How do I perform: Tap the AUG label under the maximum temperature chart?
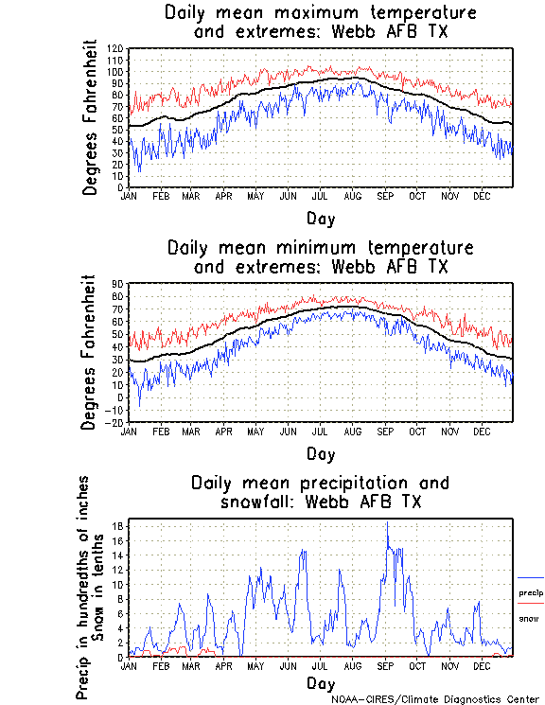352,196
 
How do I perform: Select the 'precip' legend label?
530,593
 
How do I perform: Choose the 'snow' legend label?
527,618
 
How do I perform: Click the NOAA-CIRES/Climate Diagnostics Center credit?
435,699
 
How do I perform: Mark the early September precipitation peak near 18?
387,522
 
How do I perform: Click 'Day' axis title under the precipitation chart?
320,682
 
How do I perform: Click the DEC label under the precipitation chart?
482,665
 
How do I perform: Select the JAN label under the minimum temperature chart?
130,431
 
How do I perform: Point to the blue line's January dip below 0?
140,405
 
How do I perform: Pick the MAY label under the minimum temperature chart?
255,431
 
